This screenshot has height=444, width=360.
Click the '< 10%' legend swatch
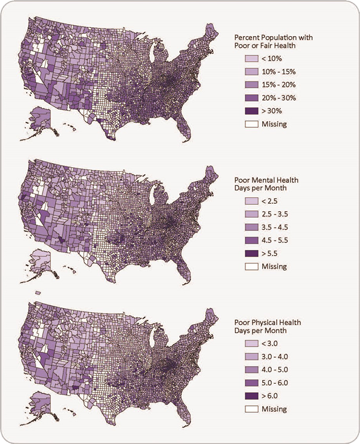click(251, 59)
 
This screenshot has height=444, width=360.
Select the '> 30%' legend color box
click(251, 111)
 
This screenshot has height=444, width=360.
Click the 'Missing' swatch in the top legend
click(251, 124)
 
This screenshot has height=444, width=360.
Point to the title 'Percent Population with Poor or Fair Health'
click(273, 41)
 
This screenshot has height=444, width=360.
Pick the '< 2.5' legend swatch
click(251, 200)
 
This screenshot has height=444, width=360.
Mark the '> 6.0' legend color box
click(251, 396)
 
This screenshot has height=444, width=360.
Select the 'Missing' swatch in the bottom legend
click(251, 409)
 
